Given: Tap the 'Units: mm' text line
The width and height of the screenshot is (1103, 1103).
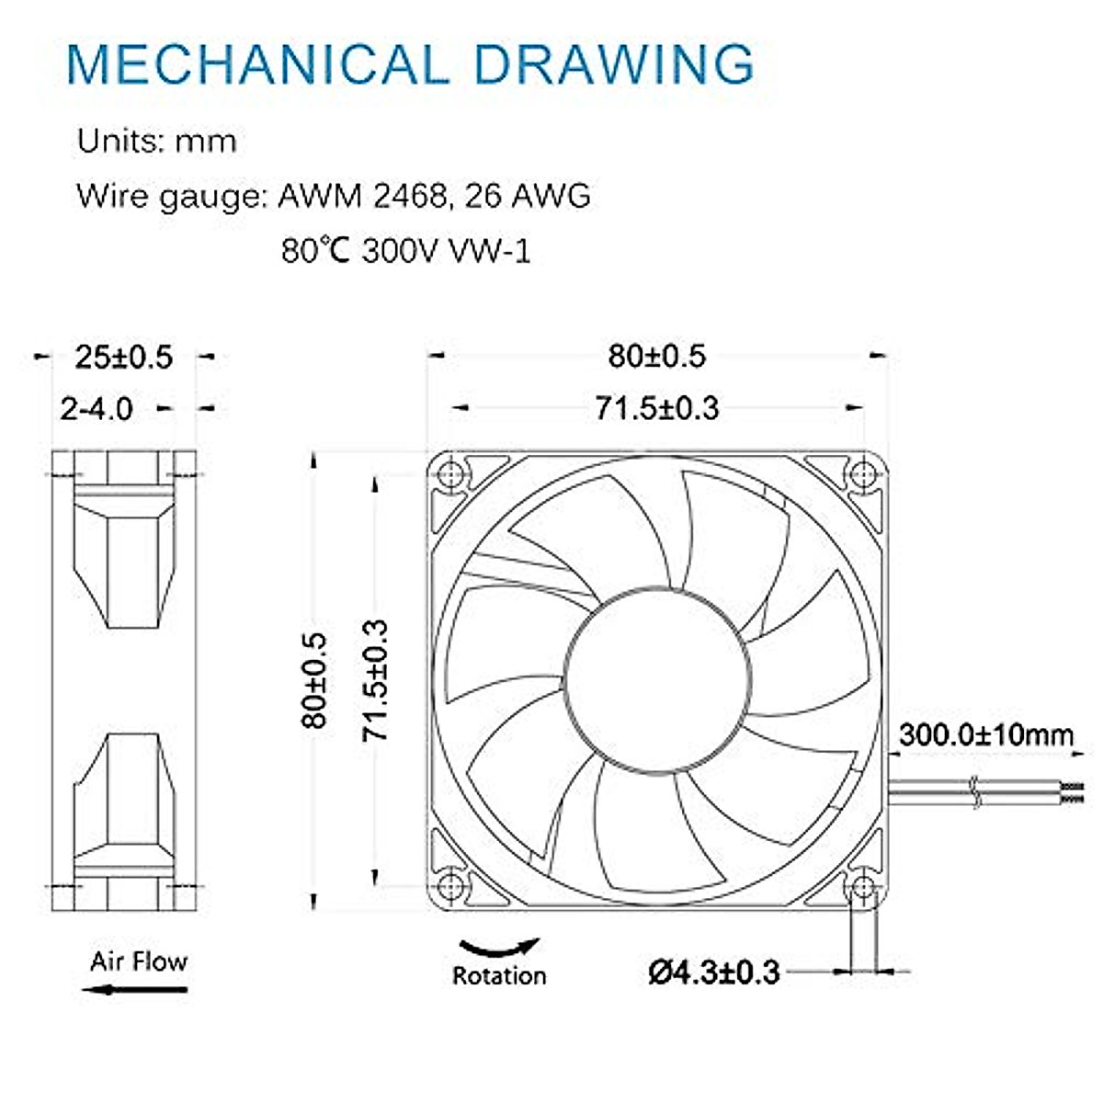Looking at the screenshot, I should pyautogui.click(x=156, y=142).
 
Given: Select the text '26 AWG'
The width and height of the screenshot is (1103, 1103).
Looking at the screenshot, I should pyautogui.click(x=528, y=196).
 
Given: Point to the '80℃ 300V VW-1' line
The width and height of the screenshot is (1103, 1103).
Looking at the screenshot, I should pyautogui.click(x=405, y=250).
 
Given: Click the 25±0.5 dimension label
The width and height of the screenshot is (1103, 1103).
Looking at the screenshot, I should pyautogui.click(x=124, y=357).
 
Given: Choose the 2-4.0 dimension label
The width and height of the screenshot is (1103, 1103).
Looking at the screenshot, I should pyautogui.click(x=97, y=408).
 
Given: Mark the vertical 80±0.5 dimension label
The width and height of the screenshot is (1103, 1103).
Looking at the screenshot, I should pyautogui.click(x=314, y=680).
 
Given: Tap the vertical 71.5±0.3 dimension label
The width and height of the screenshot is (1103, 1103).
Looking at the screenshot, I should pyautogui.click(x=375, y=680).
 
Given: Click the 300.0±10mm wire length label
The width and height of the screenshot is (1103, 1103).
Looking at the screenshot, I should pyautogui.click(x=985, y=735).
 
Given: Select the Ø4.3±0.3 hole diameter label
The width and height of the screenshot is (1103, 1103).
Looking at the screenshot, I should pyautogui.click(x=714, y=972).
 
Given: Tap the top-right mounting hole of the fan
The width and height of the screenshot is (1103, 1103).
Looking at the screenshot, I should pyautogui.click(x=862, y=474).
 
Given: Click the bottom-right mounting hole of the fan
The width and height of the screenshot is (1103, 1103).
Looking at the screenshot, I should pyautogui.click(x=862, y=886).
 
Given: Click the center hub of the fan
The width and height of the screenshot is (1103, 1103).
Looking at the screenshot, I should pyautogui.click(x=656, y=680).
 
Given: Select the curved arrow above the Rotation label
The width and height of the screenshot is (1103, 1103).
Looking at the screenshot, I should pyautogui.click(x=499, y=947).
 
